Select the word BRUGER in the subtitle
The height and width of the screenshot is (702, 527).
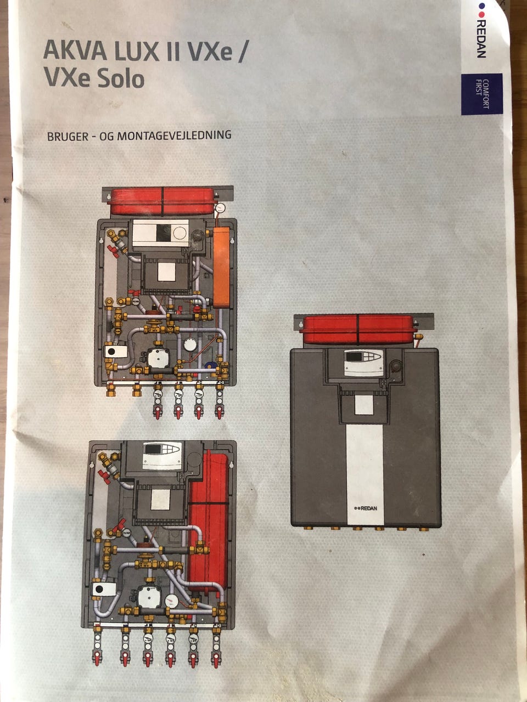pos(68,137)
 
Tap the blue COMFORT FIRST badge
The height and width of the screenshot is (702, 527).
pos(481,94)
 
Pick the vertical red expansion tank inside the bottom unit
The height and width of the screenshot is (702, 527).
pos(208,521)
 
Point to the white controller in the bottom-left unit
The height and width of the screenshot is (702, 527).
pos(161,455)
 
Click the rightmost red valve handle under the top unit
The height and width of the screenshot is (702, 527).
pos(220,412)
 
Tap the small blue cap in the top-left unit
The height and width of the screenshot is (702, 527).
pos(209,364)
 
